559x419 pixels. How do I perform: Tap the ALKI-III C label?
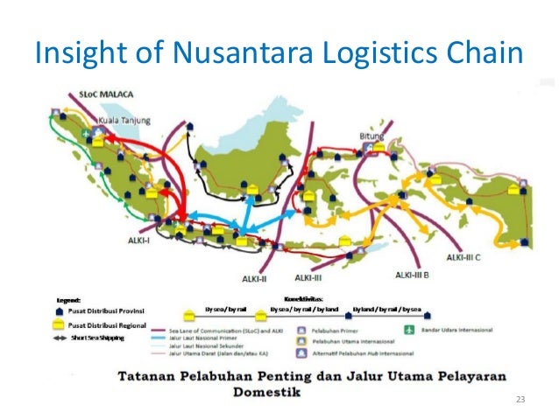click(x=469, y=258)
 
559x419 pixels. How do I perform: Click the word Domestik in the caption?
click(x=263, y=393)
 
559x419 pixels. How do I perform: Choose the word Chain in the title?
click(x=480, y=54)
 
